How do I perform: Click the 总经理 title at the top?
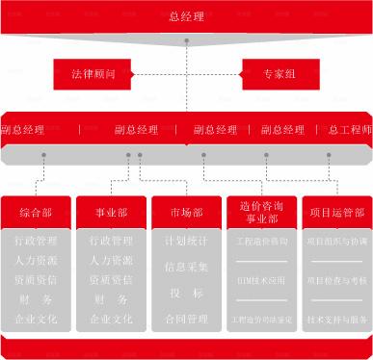point(187,16)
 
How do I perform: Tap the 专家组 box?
point(280,73)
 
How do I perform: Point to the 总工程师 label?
point(349,130)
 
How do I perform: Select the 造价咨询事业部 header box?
point(260,213)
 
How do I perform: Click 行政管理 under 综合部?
point(36,241)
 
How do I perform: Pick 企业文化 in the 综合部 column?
point(36,319)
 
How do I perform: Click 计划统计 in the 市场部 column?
point(186,241)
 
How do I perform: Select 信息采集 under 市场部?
point(186,267)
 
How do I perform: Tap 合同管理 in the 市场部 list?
point(186,319)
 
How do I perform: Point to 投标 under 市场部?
point(186,293)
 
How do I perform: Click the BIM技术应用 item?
point(260,282)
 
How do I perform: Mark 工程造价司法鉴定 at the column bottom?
point(260,319)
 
